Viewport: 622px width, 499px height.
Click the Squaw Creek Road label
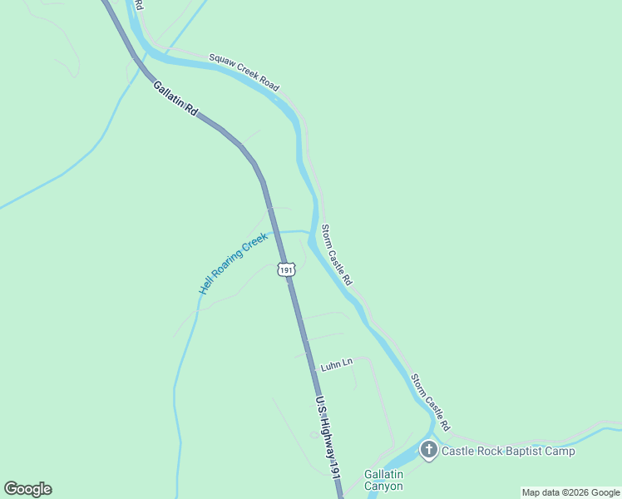(x=244, y=72)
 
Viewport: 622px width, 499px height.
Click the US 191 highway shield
(x=286, y=269)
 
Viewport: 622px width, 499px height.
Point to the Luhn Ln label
(x=337, y=363)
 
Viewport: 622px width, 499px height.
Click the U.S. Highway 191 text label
(x=328, y=437)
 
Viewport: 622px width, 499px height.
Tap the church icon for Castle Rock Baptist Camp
(x=429, y=451)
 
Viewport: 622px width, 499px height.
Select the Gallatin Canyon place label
(x=383, y=480)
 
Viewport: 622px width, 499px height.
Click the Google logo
(x=27, y=489)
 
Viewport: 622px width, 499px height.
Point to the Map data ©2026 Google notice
(x=570, y=492)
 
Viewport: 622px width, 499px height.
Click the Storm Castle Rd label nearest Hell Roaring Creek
(x=337, y=255)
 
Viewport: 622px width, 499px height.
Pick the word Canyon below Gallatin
(x=383, y=486)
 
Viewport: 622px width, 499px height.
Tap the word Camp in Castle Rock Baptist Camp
(x=561, y=451)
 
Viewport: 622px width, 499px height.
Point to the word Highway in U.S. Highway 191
(x=327, y=432)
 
